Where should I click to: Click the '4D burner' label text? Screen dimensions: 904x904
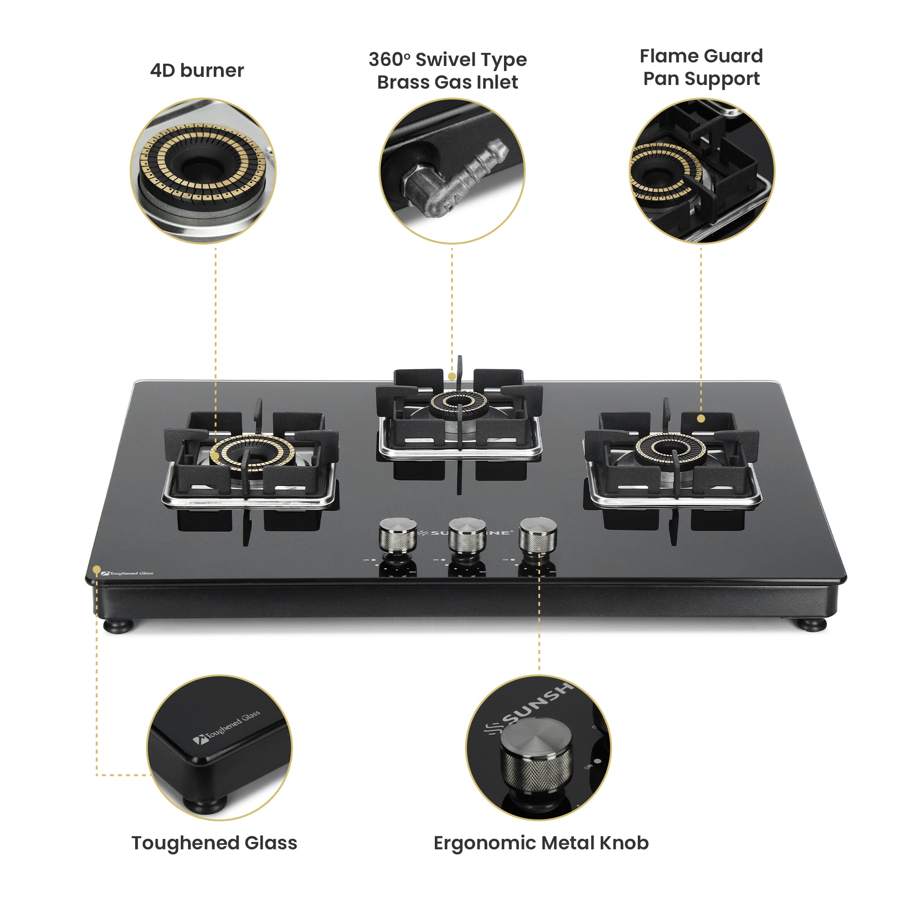(197, 71)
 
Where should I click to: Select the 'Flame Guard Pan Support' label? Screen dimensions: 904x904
(701, 67)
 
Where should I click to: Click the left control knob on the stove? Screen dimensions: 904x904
(397, 535)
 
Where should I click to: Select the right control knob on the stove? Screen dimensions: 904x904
(537, 535)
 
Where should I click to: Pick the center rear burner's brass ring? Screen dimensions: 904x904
(459, 401)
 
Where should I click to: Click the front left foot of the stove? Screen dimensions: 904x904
(118, 626)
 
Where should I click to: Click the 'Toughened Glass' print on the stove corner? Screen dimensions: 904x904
(127, 573)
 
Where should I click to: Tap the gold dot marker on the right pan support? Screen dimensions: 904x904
(701, 419)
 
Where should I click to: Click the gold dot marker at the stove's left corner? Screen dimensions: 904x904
(96, 570)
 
